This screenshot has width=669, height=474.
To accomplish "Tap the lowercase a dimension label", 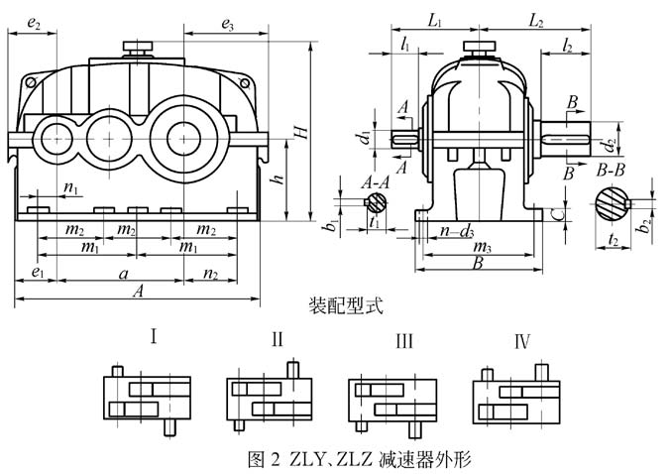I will [x=122, y=272].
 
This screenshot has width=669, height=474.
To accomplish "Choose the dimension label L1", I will [x=433, y=19].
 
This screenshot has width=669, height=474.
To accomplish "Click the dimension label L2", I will [x=534, y=19].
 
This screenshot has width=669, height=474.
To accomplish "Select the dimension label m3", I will [x=482, y=245].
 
